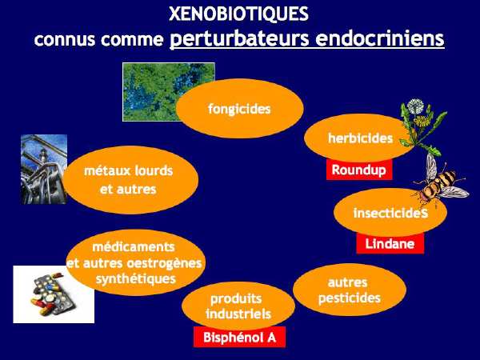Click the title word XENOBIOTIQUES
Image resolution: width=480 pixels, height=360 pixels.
tap(238, 14)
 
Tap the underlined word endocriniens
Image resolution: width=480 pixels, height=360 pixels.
tap(380, 38)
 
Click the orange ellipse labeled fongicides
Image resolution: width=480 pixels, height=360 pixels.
tap(240, 108)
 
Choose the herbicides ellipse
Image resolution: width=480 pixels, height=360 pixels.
tap(360, 138)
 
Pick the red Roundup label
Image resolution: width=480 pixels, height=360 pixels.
tap(359, 170)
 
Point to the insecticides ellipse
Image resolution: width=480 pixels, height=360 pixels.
tap(390, 213)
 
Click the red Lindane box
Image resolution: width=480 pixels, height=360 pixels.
tap(390, 244)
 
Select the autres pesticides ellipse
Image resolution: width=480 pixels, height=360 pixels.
tap(350, 290)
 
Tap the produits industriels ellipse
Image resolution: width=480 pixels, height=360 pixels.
tap(238, 306)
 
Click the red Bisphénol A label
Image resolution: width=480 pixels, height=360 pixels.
tap(239, 337)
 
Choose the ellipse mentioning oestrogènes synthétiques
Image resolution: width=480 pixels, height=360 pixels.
tap(135, 262)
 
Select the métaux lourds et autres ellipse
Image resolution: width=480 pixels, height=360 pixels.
tap(130, 180)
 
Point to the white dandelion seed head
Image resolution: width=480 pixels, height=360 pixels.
tap(415, 106)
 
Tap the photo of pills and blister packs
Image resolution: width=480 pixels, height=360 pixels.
tap(54, 294)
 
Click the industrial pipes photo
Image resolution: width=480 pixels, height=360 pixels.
tap(44, 170)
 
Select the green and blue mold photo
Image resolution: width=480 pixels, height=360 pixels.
tap(169, 92)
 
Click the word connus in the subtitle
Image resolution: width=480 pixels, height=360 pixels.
tap(65, 40)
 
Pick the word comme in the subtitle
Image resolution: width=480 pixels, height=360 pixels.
tap(132, 40)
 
